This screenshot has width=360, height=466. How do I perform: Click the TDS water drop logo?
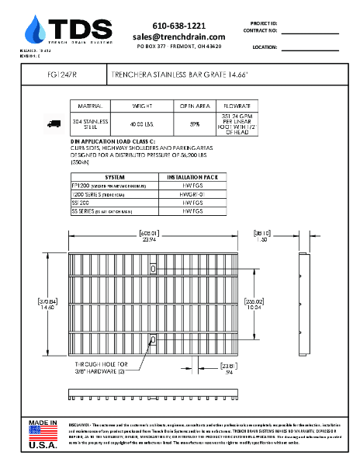click(35, 30)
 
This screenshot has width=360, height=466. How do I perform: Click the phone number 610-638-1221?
click(178, 26)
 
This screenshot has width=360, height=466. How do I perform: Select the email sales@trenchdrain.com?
click(178, 37)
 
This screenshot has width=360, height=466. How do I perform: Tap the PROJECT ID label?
click(264, 24)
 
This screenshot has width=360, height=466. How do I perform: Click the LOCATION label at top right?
click(265, 47)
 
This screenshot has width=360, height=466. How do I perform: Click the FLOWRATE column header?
click(237, 104)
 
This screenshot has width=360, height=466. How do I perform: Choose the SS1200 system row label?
click(81, 202)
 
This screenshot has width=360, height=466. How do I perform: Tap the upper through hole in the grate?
click(154, 269)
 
